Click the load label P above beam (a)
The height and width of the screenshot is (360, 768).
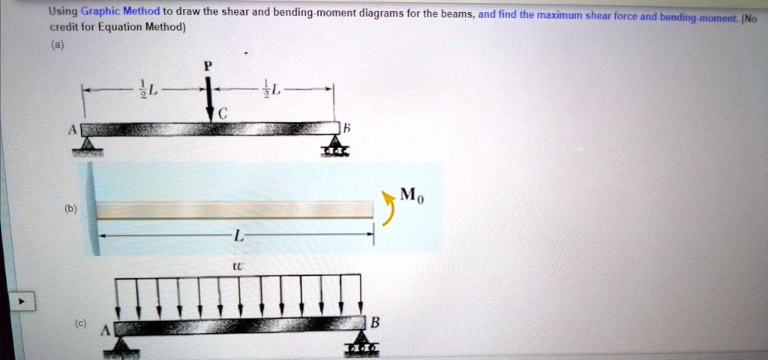click(209, 65)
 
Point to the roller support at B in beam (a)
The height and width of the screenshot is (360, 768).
click(331, 145)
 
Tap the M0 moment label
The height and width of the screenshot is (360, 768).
click(411, 196)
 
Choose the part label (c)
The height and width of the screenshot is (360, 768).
click(80, 323)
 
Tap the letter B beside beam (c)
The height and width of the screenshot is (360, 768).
click(376, 322)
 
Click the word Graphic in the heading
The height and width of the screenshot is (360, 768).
click(100, 12)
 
